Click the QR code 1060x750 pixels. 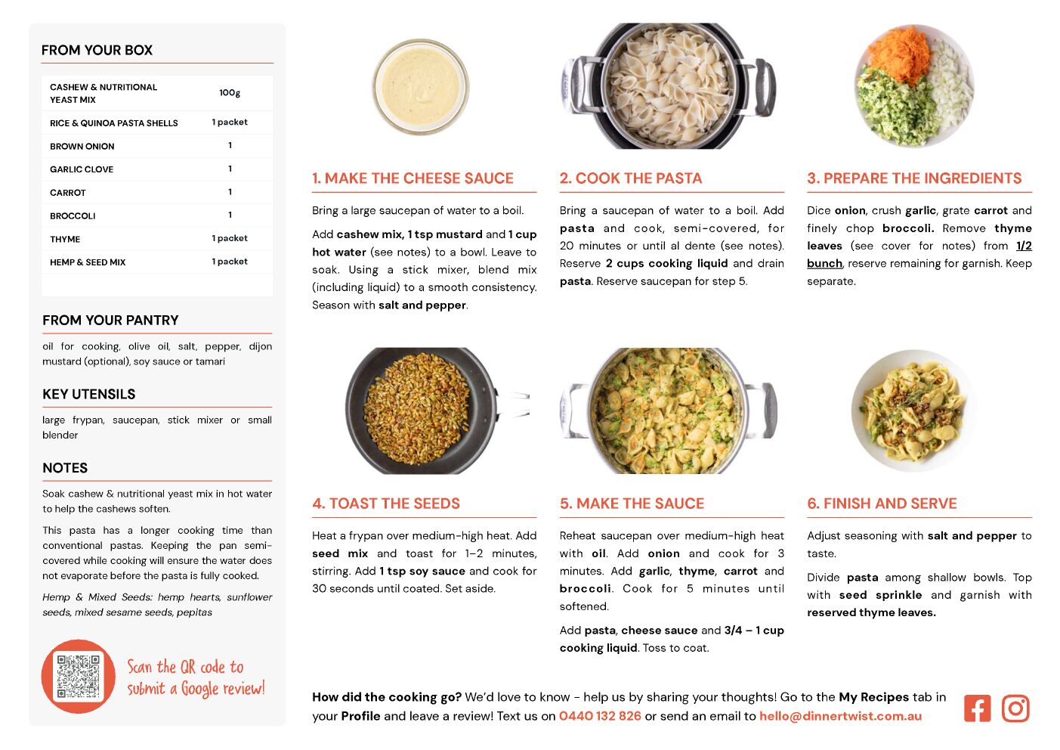(78, 676)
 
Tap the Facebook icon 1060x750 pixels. (977, 708)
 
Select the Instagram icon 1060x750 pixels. (1015, 708)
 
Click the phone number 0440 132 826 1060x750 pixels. (600, 716)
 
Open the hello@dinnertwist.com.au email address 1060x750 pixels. (840, 716)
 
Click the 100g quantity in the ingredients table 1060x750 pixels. (230, 93)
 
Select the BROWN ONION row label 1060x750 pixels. (82, 147)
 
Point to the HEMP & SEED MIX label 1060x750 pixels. (88, 262)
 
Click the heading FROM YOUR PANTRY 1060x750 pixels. (110, 321)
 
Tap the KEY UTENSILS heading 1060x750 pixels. (89, 395)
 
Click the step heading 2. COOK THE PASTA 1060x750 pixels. (631, 178)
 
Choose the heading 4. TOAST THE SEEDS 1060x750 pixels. (385, 504)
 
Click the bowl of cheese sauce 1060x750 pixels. (421, 87)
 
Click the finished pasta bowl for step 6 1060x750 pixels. (913, 410)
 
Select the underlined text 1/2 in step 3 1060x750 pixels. (1024, 246)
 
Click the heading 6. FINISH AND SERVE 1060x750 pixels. (882, 504)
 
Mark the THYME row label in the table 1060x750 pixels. (65, 239)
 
